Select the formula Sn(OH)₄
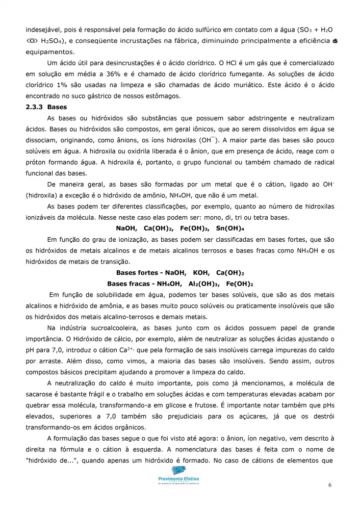(230, 228)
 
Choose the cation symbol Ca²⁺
(139, 349)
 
